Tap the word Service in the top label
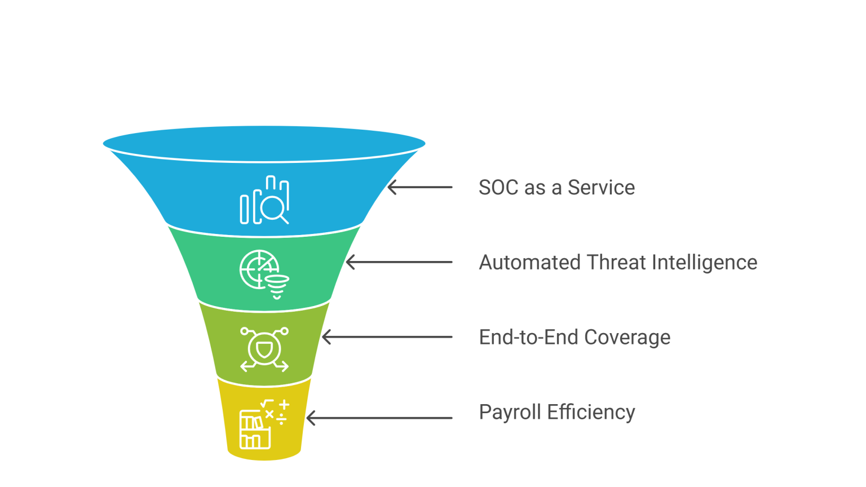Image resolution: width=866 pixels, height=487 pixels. coord(601,188)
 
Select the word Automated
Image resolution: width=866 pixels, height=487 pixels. coord(529,263)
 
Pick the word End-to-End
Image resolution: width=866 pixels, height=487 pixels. coord(529,338)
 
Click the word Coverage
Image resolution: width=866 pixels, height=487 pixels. coord(628,338)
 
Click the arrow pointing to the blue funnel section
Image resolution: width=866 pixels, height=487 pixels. coord(420,187)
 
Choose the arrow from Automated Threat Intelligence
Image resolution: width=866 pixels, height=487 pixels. coord(399,262)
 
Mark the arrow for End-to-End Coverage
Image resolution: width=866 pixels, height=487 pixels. coord(387,337)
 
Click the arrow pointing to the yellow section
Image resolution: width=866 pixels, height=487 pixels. coord(379,418)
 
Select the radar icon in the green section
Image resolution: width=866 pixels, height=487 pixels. coord(258,269)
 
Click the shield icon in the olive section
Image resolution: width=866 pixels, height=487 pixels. coord(264,349)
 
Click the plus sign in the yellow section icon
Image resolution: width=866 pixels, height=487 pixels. coord(284,405)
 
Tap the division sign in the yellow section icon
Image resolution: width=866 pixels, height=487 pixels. coord(281,420)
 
